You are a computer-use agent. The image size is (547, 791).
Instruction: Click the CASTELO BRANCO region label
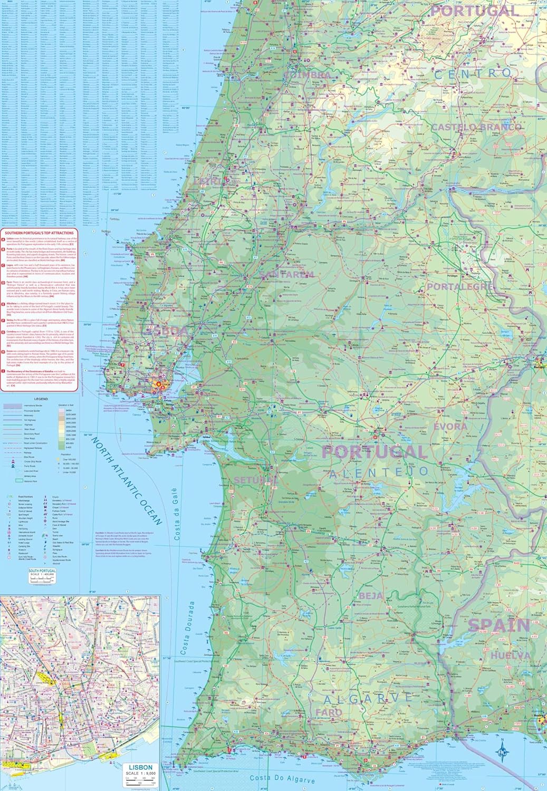tap(483, 127)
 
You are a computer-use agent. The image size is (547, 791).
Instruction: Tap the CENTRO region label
tap(473, 74)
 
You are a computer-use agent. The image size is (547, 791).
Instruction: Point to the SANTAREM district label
tap(287, 274)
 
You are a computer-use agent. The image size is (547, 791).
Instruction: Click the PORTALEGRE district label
tap(460, 286)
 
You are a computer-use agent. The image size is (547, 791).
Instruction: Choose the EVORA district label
tap(450, 426)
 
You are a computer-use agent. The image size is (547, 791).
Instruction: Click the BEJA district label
tap(371, 596)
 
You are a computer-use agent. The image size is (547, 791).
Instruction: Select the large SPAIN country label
tap(498, 625)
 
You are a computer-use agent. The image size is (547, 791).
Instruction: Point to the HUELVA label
tap(510, 655)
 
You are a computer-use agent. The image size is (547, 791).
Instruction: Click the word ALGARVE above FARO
tap(367, 698)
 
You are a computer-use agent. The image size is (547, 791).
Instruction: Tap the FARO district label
tap(329, 712)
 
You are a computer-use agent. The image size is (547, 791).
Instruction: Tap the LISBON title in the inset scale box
tap(140, 767)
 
